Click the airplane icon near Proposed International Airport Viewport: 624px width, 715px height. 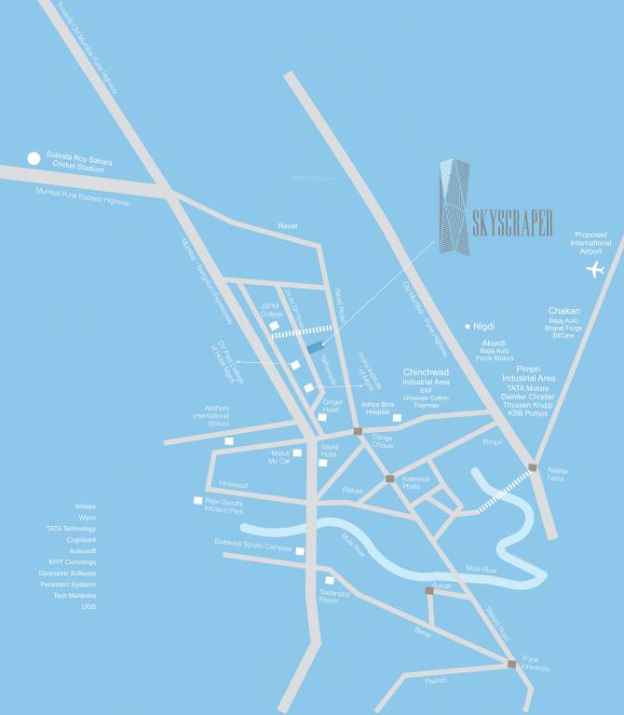595,270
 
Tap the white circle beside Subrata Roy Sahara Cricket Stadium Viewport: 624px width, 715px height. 34,158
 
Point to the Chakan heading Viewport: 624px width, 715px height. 563,311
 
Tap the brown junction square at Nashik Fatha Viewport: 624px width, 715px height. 532,467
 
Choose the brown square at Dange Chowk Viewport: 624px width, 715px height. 358,432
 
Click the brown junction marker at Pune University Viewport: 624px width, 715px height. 511,664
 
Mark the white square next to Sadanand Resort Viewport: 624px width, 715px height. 329,581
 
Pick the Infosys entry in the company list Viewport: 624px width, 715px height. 86,506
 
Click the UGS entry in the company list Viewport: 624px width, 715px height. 88,607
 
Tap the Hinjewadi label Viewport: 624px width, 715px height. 234,485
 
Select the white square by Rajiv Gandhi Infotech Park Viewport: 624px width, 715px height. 197,501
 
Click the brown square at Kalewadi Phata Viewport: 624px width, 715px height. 390,479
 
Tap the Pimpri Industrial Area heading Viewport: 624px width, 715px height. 528,372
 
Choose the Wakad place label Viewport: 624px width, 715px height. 352,489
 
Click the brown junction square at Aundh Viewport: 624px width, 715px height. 429,590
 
